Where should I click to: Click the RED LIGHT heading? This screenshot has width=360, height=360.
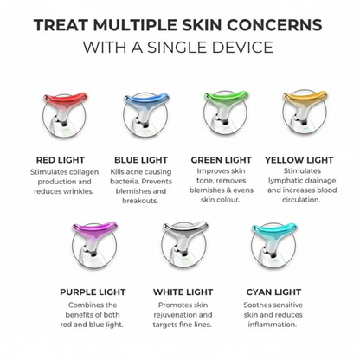coord(61,160)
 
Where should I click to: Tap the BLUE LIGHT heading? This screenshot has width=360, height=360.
coord(141,160)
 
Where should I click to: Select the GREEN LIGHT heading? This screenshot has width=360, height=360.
coord(222,160)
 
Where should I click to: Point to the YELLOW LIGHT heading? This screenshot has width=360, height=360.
coord(299,160)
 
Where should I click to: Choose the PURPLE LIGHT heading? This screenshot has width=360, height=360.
coord(93,292)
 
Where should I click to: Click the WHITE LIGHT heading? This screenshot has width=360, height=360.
coord(183,292)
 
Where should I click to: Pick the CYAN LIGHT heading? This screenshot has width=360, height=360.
coord(273,292)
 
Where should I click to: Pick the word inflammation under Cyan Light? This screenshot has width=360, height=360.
coord(273,325)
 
